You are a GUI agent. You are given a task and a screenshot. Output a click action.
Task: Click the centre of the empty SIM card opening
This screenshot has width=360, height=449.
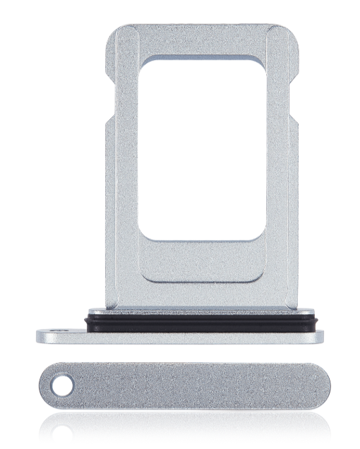click(203, 150)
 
